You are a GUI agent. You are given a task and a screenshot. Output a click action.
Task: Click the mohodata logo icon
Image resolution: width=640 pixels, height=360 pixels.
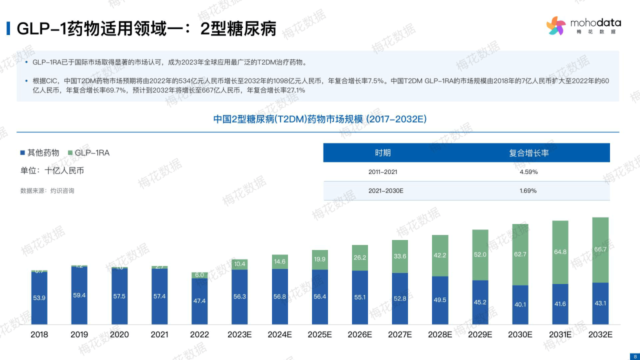click(555, 25)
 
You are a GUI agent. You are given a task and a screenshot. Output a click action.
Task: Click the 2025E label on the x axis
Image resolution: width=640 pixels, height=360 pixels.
click(320, 334)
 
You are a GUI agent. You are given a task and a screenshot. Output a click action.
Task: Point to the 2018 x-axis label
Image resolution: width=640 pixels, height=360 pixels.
click(39, 334)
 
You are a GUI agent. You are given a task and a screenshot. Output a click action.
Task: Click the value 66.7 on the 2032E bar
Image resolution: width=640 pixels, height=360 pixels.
click(600, 249)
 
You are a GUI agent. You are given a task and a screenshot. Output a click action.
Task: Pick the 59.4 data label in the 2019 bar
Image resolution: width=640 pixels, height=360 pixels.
click(79, 295)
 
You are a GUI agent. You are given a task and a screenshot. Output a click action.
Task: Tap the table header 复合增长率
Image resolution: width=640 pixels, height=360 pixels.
click(528, 153)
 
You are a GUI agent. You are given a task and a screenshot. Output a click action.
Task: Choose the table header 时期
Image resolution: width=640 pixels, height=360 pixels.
click(383, 153)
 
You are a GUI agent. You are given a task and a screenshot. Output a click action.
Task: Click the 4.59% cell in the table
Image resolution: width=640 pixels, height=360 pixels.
click(528, 172)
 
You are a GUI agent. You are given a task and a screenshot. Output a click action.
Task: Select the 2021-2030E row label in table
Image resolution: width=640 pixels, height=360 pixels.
click(385, 191)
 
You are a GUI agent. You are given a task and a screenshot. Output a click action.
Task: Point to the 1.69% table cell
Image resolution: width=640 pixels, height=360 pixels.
click(528, 191)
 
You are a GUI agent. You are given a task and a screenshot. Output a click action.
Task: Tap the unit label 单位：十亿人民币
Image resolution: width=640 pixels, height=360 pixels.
click(52, 170)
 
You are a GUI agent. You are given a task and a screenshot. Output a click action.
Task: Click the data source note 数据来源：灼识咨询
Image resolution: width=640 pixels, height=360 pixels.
click(47, 191)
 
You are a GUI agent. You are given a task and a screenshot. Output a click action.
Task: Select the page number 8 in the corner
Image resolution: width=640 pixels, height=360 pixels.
click(635, 356)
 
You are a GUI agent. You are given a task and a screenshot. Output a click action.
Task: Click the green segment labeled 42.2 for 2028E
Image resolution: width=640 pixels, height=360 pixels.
click(440, 255)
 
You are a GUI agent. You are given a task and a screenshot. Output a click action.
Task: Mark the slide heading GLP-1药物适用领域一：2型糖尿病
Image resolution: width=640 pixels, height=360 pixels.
click(146, 28)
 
